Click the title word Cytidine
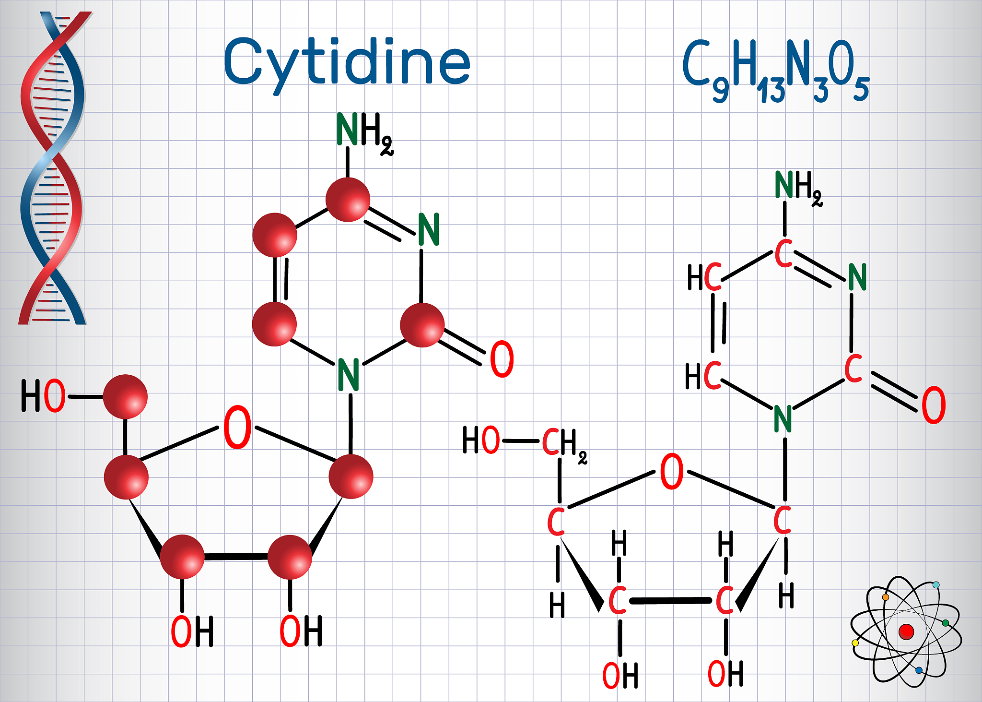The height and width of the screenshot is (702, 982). point(347,64)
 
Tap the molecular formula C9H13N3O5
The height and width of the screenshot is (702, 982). point(775,70)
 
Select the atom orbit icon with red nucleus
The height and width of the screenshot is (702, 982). point(906,631)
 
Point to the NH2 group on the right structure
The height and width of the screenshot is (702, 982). point(798,188)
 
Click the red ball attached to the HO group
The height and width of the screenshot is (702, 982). point(125,396)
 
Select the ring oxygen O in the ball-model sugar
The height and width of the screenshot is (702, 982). point(237,427)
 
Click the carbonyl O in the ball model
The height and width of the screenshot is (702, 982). point(502,359)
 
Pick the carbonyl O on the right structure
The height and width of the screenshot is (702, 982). point(934,405)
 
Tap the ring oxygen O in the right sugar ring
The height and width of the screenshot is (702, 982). point(672,471)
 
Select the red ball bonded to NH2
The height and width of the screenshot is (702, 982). point(348,200)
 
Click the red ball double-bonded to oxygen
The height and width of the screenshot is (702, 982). point(422,325)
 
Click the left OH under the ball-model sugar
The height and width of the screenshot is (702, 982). point(192,631)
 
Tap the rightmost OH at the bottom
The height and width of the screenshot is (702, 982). point(725,674)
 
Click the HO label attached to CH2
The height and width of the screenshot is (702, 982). point(481,440)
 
